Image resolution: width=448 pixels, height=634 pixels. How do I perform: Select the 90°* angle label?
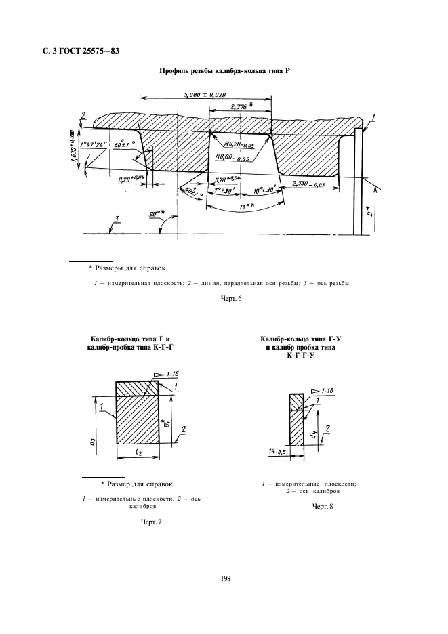(161, 215)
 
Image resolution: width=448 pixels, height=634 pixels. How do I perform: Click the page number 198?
(224, 578)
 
